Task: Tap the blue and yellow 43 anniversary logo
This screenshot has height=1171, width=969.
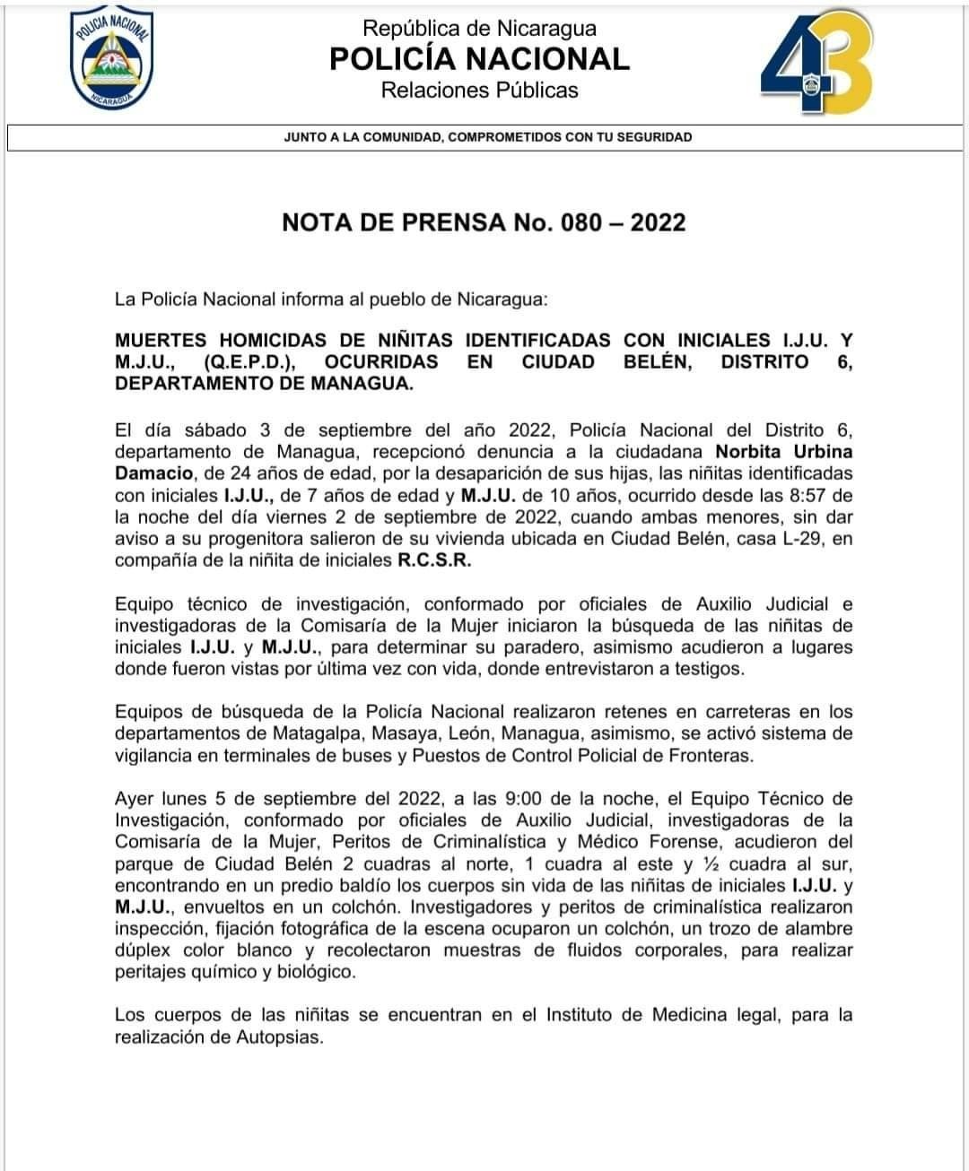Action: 816,65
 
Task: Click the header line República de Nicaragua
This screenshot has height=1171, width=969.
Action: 479,29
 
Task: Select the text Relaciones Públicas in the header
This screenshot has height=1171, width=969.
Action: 479,91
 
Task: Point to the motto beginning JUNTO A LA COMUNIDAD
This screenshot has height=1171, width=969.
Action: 487,137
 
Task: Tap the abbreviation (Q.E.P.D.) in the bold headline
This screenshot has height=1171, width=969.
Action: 250,362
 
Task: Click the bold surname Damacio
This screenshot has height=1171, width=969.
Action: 153,473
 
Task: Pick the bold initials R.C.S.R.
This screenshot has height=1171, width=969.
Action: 433,561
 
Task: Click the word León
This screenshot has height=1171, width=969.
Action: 466,733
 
